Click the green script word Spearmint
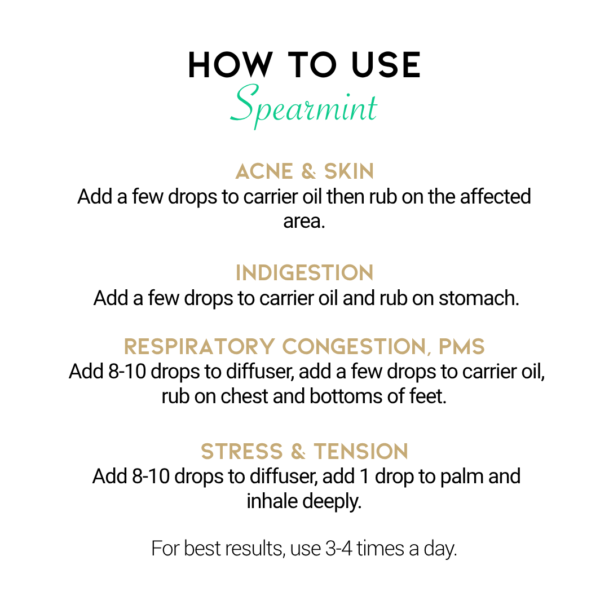tap(303, 105)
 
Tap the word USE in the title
tap(386, 65)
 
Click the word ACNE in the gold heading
tap(264, 171)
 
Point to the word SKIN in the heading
tap(349, 171)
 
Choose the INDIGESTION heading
tap(304, 273)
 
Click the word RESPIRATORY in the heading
tap(199, 346)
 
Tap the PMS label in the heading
tap(461, 346)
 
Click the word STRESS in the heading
tap(241, 451)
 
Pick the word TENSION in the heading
tap(361, 451)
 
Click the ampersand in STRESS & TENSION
tap(298, 451)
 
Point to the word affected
tap(496, 197)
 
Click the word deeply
tap(332, 502)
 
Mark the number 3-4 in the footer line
tap(338, 549)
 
